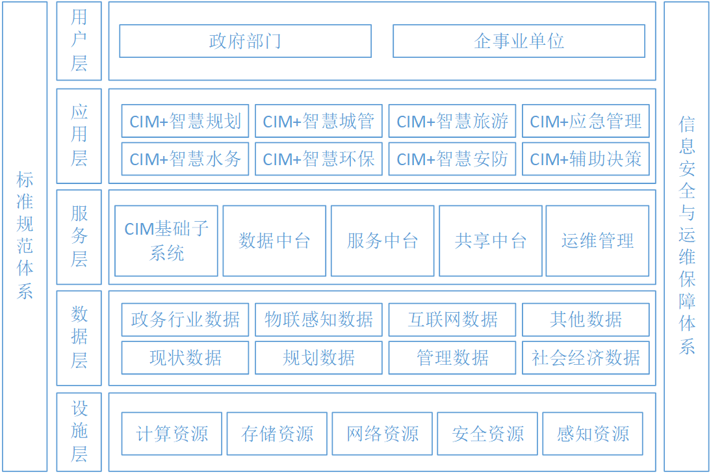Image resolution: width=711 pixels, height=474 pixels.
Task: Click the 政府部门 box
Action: (x=245, y=41)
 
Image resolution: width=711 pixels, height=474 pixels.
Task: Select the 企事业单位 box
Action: (x=519, y=41)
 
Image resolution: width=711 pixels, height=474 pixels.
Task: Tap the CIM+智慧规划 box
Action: (x=185, y=121)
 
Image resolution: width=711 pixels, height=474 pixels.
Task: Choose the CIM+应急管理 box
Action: (x=586, y=121)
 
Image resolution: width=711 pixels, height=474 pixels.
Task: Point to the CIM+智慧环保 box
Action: (x=318, y=159)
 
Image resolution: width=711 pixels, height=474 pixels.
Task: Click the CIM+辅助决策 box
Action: (x=586, y=159)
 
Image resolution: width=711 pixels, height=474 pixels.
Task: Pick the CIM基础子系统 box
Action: (x=166, y=241)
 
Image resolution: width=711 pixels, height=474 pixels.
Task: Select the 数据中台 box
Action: (x=274, y=241)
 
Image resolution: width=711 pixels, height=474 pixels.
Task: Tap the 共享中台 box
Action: (x=491, y=241)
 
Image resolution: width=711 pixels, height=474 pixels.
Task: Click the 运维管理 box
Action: (x=598, y=241)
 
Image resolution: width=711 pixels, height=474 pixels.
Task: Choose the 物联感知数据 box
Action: (x=318, y=320)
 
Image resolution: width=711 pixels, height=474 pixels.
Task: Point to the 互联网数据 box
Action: (x=452, y=320)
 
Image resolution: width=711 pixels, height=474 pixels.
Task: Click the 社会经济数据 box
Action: (x=586, y=358)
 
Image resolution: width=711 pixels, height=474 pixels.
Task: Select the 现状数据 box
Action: (x=185, y=358)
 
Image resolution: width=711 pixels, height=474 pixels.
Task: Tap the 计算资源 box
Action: (x=172, y=434)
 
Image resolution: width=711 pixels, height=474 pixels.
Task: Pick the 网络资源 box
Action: (x=382, y=434)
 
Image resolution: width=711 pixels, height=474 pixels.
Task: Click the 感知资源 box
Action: (x=593, y=434)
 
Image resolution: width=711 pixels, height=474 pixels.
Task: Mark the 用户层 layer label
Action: (x=79, y=41)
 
